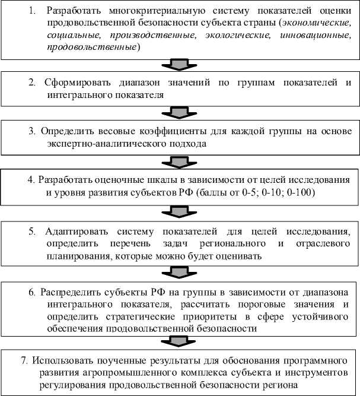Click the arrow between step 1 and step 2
(180, 64)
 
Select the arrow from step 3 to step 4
(180, 162)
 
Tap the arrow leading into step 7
(180, 341)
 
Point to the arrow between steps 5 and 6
(180, 271)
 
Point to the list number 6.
(33, 292)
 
